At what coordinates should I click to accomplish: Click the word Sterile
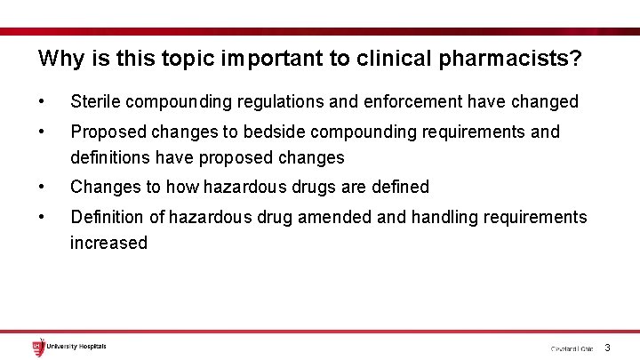pos(95,102)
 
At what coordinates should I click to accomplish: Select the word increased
pos(108,243)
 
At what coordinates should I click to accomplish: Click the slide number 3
pos(607,348)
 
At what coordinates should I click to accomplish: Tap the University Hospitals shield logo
pos(37,347)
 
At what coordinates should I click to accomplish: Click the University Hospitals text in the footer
pos(76,346)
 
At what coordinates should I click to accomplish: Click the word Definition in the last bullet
pos(107,217)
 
